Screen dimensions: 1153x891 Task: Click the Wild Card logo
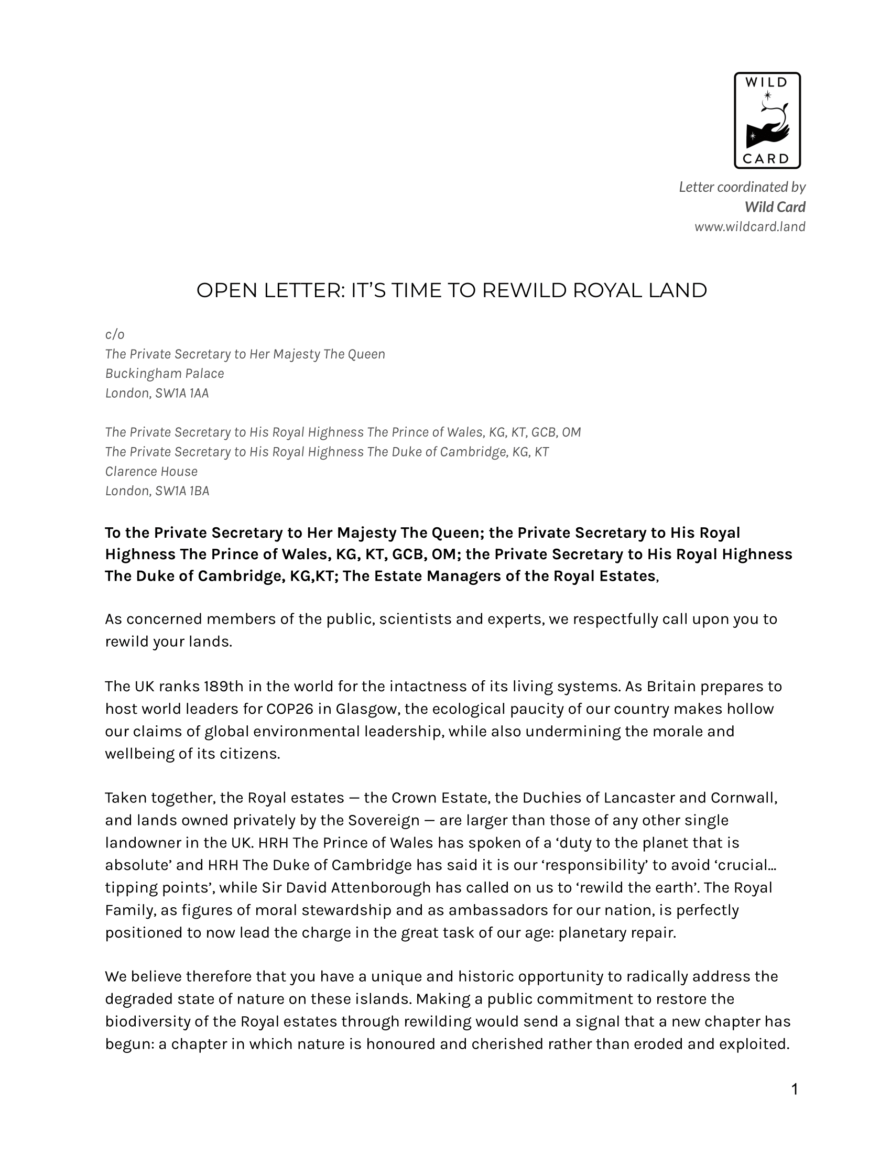(767, 121)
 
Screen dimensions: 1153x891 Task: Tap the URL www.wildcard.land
(749, 227)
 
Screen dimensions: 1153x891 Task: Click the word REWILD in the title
(524, 291)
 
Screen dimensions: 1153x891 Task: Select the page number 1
(795, 1089)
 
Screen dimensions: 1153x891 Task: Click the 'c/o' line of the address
(115, 335)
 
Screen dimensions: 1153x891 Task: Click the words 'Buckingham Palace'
(165, 374)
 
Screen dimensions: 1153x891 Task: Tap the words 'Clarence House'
(151, 472)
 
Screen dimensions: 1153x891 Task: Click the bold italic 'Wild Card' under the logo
(775, 207)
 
